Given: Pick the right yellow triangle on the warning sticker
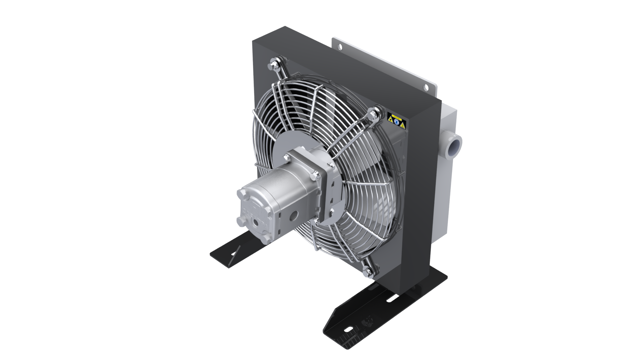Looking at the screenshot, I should point(403,126).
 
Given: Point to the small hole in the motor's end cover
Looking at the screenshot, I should point(256,222).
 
